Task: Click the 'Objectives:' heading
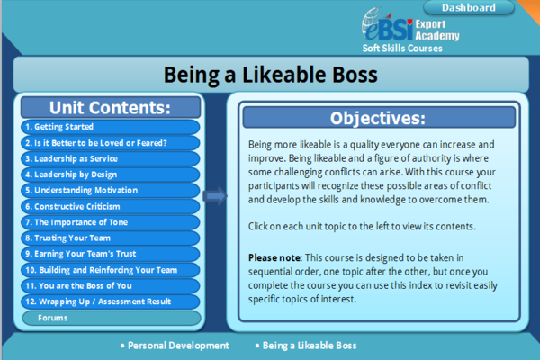pos(378,118)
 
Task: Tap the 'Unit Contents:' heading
pos(111,107)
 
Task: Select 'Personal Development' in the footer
pos(178,345)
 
